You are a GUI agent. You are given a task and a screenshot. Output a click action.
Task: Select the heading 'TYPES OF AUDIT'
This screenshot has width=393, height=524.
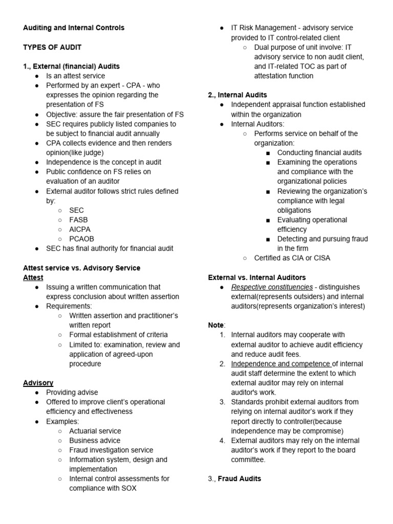coord(52,47)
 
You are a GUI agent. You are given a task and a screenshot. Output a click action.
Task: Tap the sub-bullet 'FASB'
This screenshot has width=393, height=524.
coord(78,220)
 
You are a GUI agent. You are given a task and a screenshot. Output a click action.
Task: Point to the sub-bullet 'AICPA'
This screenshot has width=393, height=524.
coord(80,229)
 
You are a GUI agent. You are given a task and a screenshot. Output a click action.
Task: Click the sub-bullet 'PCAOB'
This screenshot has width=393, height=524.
coord(81,239)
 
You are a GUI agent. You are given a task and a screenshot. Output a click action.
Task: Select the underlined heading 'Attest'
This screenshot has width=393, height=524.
coord(33,277)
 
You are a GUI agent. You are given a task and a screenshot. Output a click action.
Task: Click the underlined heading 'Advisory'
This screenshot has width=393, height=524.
coord(38,383)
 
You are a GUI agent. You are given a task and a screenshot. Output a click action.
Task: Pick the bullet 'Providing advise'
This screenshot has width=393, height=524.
coord(72,392)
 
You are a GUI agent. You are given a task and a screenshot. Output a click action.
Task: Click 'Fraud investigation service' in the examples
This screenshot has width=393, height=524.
coord(111,450)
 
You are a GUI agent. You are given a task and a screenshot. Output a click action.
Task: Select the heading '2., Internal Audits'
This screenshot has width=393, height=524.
coord(237,95)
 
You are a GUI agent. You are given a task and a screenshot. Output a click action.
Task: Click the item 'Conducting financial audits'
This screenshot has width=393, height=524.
coord(319,152)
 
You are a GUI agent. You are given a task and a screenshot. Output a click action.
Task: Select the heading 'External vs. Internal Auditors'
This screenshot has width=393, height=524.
coord(257,277)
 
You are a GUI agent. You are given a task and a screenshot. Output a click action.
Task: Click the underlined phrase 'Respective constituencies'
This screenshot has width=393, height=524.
coord(272,287)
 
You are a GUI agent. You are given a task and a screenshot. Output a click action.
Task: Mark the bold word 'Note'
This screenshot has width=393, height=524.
coord(215,325)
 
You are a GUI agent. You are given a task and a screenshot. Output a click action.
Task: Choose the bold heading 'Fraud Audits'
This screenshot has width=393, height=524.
coord(239,478)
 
